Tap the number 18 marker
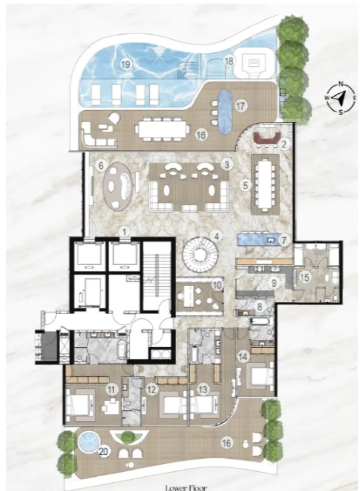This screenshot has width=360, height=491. click(x=229, y=62)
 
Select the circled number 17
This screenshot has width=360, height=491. click(x=240, y=106)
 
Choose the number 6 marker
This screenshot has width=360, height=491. click(x=101, y=166)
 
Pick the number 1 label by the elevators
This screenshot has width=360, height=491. click(x=125, y=231)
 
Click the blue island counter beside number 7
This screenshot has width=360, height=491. click(x=259, y=239)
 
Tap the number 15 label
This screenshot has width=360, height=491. click(x=305, y=277)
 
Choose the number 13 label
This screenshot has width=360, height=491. click(x=203, y=389)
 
